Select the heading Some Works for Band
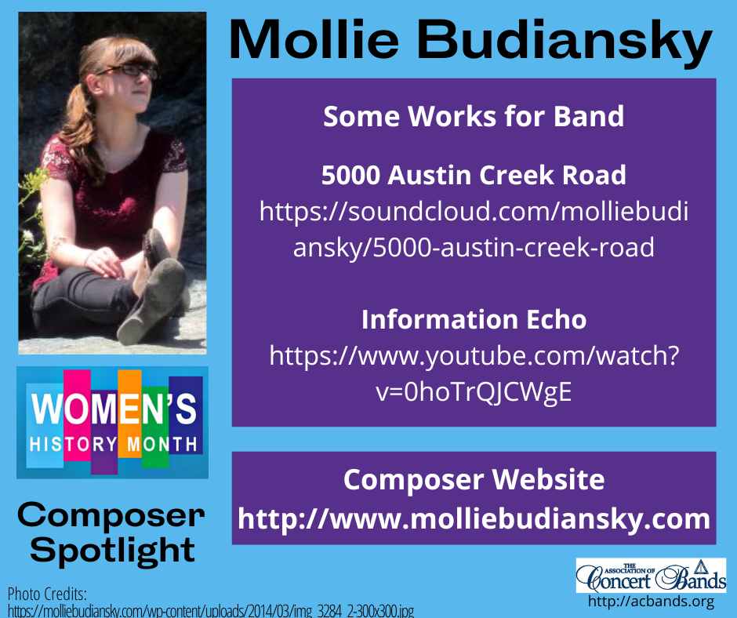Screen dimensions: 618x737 click(x=474, y=117)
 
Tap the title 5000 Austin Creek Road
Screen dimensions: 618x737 click(x=474, y=175)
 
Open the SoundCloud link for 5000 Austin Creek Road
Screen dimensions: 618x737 click(x=474, y=229)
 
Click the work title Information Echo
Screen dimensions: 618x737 click(x=474, y=319)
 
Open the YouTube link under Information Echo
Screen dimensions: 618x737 click(x=474, y=374)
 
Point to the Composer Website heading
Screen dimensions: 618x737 click(x=474, y=479)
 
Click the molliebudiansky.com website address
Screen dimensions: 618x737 click(x=474, y=518)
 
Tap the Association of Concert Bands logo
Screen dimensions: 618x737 click(x=651, y=576)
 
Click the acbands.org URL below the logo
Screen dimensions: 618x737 click(x=651, y=602)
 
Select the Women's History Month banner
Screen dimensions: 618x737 click(x=112, y=422)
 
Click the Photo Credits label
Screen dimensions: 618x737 click(x=47, y=593)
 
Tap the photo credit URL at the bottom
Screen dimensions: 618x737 click(x=210, y=610)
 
